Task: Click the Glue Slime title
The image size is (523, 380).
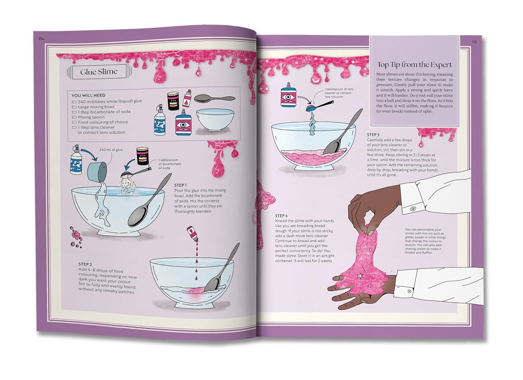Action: (99, 72)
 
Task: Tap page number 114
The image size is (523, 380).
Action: (41, 39)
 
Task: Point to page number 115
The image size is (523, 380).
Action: (474, 42)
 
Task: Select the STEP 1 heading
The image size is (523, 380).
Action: (180, 185)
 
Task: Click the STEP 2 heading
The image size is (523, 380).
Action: (85, 264)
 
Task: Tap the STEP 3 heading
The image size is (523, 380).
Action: (373, 135)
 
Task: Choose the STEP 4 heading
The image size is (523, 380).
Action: (281, 216)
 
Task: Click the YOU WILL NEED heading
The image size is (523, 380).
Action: (88, 95)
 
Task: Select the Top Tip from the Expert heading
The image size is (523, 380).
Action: (415, 65)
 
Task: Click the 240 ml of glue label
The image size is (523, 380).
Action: (111, 150)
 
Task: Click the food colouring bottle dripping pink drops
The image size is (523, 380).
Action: (193, 234)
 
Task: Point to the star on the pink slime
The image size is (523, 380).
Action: (360, 276)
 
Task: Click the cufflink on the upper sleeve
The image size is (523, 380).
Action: (413, 208)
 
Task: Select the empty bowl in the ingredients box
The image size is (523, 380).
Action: (215, 120)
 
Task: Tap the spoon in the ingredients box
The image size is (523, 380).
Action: (214, 98)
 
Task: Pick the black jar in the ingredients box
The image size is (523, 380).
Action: (173, 101)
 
